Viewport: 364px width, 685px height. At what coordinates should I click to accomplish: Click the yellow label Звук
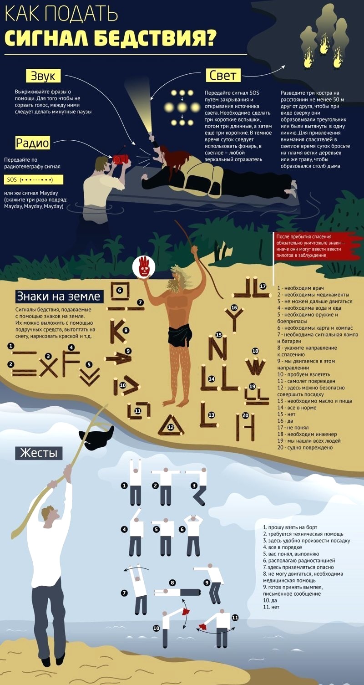43,76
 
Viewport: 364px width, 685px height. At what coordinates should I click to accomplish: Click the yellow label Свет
223,75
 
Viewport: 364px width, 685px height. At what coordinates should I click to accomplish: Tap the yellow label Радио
32,143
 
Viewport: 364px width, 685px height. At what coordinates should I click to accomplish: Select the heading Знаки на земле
58,296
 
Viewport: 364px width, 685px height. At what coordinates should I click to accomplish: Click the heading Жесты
39,453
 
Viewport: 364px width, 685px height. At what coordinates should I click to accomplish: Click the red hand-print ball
144,266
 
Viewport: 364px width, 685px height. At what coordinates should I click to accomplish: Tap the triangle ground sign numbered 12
170,426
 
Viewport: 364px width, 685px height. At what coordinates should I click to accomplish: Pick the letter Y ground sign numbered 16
234,320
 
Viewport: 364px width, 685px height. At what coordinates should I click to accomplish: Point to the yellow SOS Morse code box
34,180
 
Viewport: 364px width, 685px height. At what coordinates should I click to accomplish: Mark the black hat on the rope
96,438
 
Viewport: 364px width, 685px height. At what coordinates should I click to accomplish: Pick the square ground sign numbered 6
120,291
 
